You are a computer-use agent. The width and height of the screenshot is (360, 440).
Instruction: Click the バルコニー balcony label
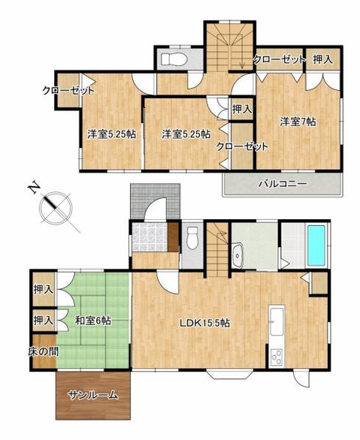(x=281, y=183)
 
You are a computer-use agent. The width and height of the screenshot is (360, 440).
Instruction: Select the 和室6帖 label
(x=92, y=321)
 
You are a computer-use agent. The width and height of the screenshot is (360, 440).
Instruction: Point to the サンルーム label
(x=92, y=395)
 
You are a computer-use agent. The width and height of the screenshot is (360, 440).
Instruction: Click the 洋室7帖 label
(x=298, y=121)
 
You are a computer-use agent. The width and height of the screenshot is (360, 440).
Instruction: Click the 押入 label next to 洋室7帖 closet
(x=322, y=59)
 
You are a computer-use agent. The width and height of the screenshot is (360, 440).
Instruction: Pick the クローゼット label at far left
(x=68, y=92)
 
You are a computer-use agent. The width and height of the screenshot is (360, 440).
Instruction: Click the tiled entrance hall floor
(x=147, y=237)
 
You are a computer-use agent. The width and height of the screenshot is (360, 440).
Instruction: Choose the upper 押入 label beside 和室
(x=43, y=289)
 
